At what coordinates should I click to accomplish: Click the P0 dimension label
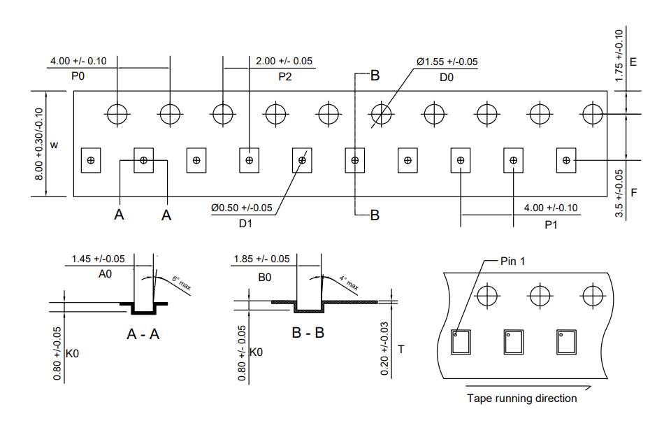(78, 76)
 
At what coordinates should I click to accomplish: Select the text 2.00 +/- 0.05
(284, 61)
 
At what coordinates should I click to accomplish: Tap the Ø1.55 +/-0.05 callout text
(447, 62)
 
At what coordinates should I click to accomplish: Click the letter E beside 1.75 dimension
(633, 62)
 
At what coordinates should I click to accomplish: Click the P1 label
(551, 224)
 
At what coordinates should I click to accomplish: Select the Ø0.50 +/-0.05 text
(241, 208)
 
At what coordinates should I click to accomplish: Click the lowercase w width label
(54, 145)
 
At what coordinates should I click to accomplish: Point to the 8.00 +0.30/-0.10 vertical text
(39, 143)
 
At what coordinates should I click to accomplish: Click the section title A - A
(143, 334)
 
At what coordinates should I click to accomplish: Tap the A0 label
(105, 275)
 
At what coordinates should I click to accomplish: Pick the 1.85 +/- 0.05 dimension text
(261, 259)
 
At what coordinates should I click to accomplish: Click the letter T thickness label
(401, 348)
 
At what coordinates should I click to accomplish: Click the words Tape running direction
(522, 399)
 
